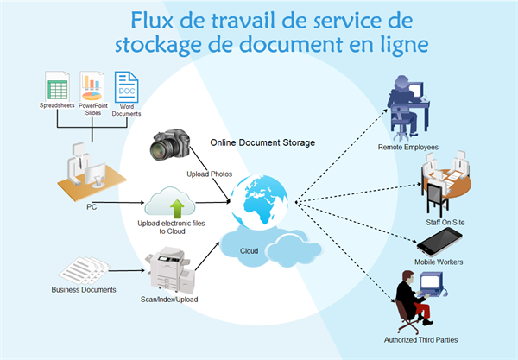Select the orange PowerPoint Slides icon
[x=94, y=87]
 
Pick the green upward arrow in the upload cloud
[x=176, y=206]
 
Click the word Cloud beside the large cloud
[x=249, y=250]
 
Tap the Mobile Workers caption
[x=445, y=262]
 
